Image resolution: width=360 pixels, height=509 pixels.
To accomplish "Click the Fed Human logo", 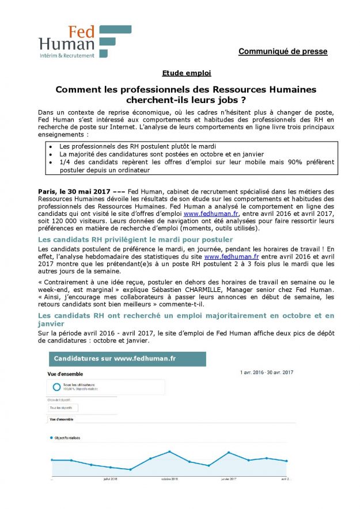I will [76, 41].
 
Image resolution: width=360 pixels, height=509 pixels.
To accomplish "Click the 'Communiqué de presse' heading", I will [283, 52].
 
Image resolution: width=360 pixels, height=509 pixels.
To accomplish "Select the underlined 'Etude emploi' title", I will [179, 73].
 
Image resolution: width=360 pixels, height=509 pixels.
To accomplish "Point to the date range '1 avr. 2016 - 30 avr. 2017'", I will [266, 373].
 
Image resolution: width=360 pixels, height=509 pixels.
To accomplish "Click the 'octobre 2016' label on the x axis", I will [169, 478].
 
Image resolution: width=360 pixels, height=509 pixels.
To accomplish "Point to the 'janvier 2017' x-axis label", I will [229, 478].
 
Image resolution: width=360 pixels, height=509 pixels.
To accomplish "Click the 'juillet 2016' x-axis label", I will [110, 478].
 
